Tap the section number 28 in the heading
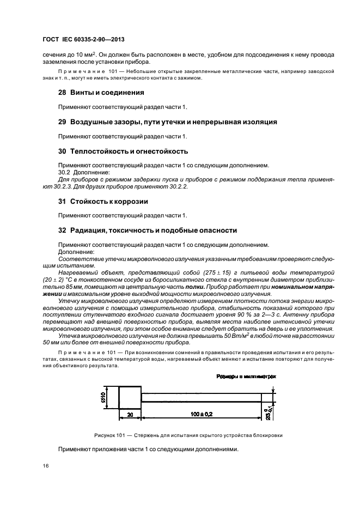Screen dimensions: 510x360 point(62,93)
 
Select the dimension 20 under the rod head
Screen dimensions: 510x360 point(131,415)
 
